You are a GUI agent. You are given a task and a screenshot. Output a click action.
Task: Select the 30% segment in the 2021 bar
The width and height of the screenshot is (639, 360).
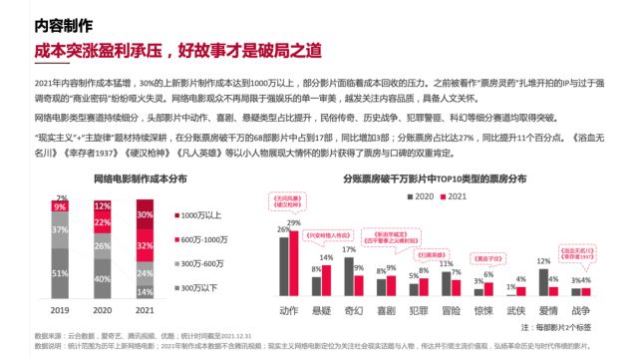point(146,215)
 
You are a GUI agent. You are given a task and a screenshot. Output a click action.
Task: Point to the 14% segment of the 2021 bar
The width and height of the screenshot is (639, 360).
point(146,290)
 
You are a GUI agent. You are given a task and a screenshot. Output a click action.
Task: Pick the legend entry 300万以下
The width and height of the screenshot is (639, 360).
point(198,288)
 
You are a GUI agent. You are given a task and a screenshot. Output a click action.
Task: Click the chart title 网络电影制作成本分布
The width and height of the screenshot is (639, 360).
point(113,180)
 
